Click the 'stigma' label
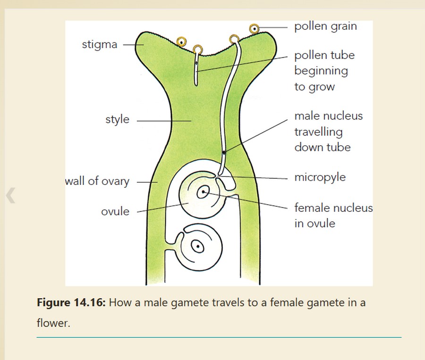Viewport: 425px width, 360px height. pyautogui.click(x=99, y=45)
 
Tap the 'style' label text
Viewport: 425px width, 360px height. pyautogui.click(x=117, y=119)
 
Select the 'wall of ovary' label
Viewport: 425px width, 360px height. pyautogui.click(x=97, y=181)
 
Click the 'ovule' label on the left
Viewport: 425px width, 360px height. pyautogui.click(x=115, y=211)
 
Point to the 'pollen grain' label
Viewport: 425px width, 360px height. pyautogui.click(x=325, y=26)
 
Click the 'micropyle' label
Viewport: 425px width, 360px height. pyautogui.click(x=320, y=177)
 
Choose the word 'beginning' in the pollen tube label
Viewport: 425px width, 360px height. pyautogui.click(x=321, y=71)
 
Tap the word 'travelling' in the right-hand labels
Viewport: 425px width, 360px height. pyautogui.click(x=318, y=132)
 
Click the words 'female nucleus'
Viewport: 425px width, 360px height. pyautogui.click(x=333, y=208)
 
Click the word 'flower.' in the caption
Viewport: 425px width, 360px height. pyautogui.click(x=53, y=324)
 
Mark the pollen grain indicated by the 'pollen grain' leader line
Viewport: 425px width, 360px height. pyautogui.click(x=255, y=29)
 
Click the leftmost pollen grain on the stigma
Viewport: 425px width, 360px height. pyautogui.click(x=180, y=42)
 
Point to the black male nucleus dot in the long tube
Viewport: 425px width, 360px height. pyautogui.click(x=224, y=152)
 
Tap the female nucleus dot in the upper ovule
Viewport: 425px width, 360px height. pyautogui.click(x=204, y=192)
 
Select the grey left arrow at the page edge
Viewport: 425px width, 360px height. pyautogui.click(x=10, y=195)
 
